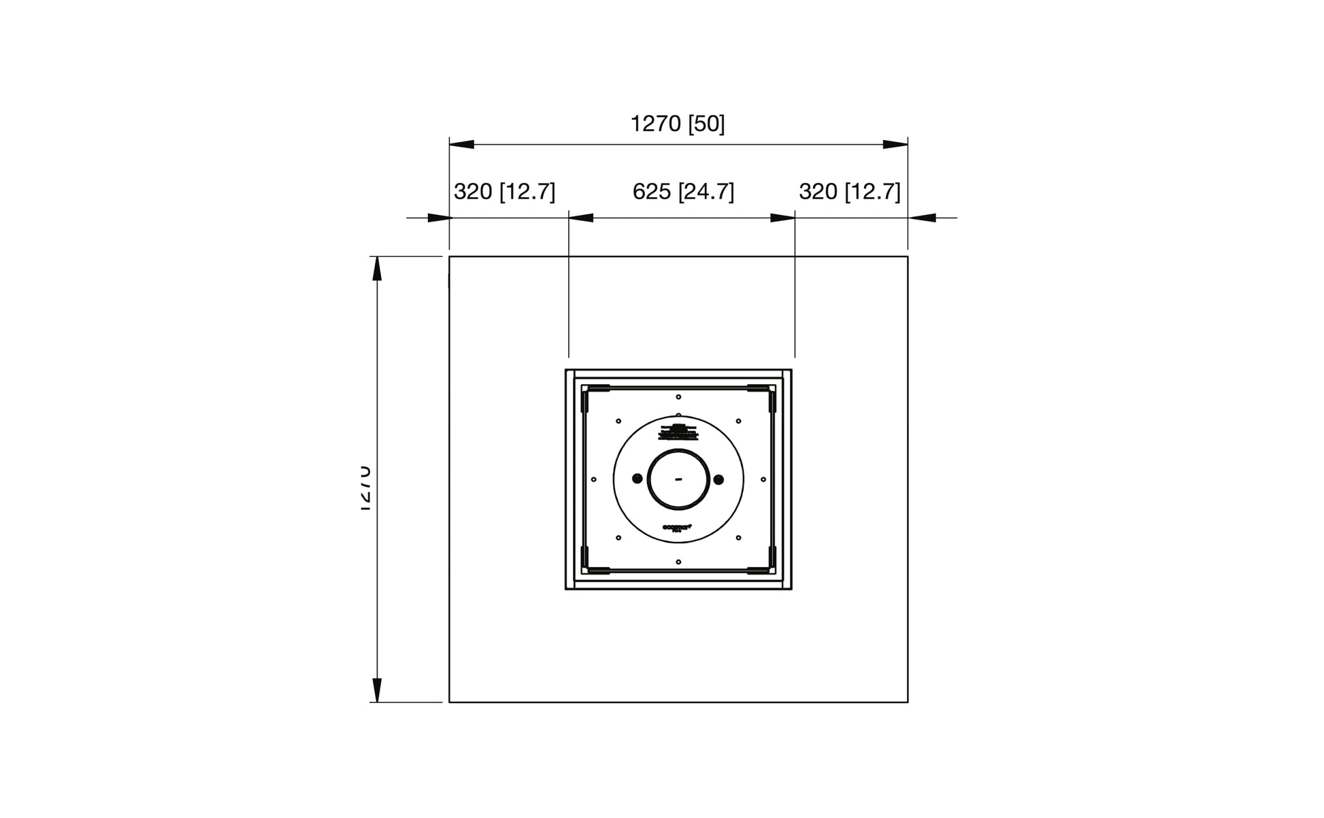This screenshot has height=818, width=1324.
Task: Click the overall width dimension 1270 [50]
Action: [x=677, y=124]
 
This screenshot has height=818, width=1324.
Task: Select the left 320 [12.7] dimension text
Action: [x=504, y=192]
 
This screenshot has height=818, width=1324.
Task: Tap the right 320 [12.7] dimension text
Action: [x=849, y=192]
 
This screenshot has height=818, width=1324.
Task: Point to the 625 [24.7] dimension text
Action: [x=683, y=192]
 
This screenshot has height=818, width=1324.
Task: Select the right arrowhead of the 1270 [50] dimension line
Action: [x=895, y=144]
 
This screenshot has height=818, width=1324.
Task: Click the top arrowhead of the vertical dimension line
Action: [x=377, y=269]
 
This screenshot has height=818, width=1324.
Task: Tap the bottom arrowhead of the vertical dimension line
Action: [x=377, y=689]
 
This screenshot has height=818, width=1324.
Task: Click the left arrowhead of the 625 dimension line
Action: [x=581, y=218]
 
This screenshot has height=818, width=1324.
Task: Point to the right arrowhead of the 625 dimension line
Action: [x=782, y=218]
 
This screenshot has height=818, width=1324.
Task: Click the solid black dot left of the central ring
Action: [x=637, y=479]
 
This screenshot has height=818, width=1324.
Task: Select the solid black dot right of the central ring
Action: [x=718, y=479]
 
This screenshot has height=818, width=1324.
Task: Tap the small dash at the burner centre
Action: [x=678, y=479]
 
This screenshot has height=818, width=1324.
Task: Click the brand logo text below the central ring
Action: [x=677, y=527]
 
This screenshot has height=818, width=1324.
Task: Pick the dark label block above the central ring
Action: [x=678, y=432]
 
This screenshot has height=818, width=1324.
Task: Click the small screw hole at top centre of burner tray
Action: [x=678, y=396]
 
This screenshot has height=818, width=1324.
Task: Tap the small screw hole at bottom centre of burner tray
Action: [x=678, y=562]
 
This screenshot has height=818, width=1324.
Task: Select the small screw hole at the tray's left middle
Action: [x=594, y=479]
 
